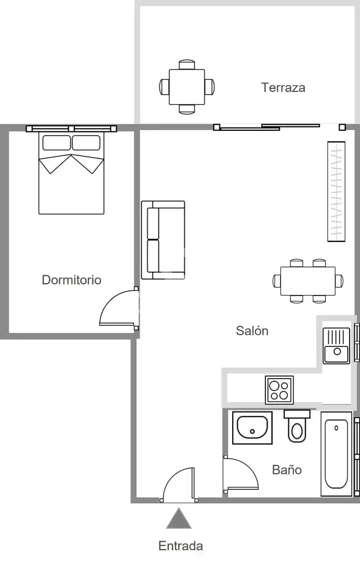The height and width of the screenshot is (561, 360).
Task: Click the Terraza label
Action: (x=283, y=88)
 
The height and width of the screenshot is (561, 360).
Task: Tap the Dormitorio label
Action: (x=72, y=280)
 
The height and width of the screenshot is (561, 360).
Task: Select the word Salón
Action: (x=252, y=330)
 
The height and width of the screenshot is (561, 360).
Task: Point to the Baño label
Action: (x=287, y=470)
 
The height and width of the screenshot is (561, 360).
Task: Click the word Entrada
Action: (x=181, y=546)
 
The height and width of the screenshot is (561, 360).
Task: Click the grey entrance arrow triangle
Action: (x=179, y=518)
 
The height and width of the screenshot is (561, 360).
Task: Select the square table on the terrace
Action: (x=187, y=87)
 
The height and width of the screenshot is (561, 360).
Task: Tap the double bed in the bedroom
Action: (x=71, y=173)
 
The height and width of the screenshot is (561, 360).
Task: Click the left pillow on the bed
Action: (x=57, y=143)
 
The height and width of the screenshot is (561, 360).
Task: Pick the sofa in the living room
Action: (x=163, y=240)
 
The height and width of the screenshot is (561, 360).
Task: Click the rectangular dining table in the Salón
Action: (x=308, y=281)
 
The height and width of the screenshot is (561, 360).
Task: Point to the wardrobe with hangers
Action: (x=337, y=191)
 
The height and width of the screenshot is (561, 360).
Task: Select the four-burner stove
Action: (x=279, y=390)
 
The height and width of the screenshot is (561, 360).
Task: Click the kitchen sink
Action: (x=337, y=345)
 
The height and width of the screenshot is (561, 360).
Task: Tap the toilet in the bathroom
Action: (x=297, y=426)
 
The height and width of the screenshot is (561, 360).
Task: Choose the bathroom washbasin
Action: (x=252, y=428)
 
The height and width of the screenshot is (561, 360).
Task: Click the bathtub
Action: (x=337, y=453)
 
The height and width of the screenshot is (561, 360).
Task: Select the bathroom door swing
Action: (x=241, y=474)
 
